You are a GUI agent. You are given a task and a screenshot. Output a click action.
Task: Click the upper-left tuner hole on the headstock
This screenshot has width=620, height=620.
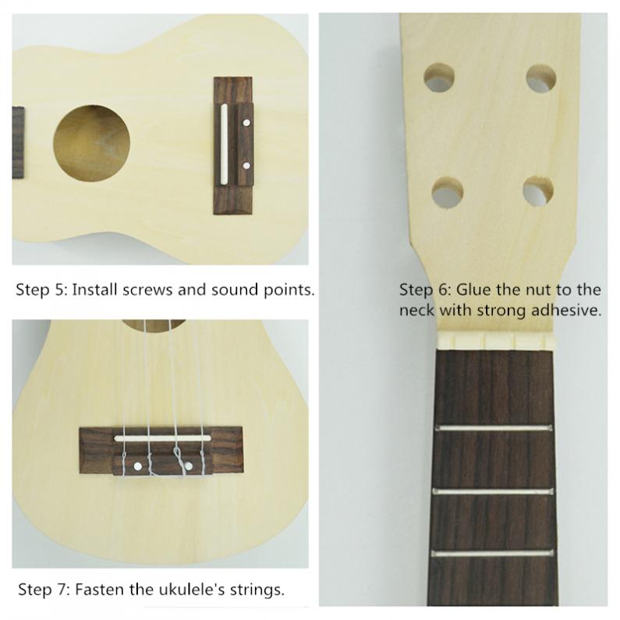[440, 80]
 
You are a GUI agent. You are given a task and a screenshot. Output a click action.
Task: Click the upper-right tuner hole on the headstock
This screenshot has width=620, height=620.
[540, 80]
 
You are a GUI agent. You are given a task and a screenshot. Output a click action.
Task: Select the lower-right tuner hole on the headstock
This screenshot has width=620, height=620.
[538, 191]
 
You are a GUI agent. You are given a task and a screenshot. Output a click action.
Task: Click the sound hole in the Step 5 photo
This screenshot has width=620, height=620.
[92, 142]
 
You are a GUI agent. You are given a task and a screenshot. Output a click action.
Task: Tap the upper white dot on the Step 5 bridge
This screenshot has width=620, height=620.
[246, 122]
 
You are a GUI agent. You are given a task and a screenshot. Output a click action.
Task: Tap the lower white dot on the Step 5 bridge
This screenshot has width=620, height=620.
[246, 165]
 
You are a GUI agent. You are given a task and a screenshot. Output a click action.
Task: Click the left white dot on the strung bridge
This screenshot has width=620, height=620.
[138, 466]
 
